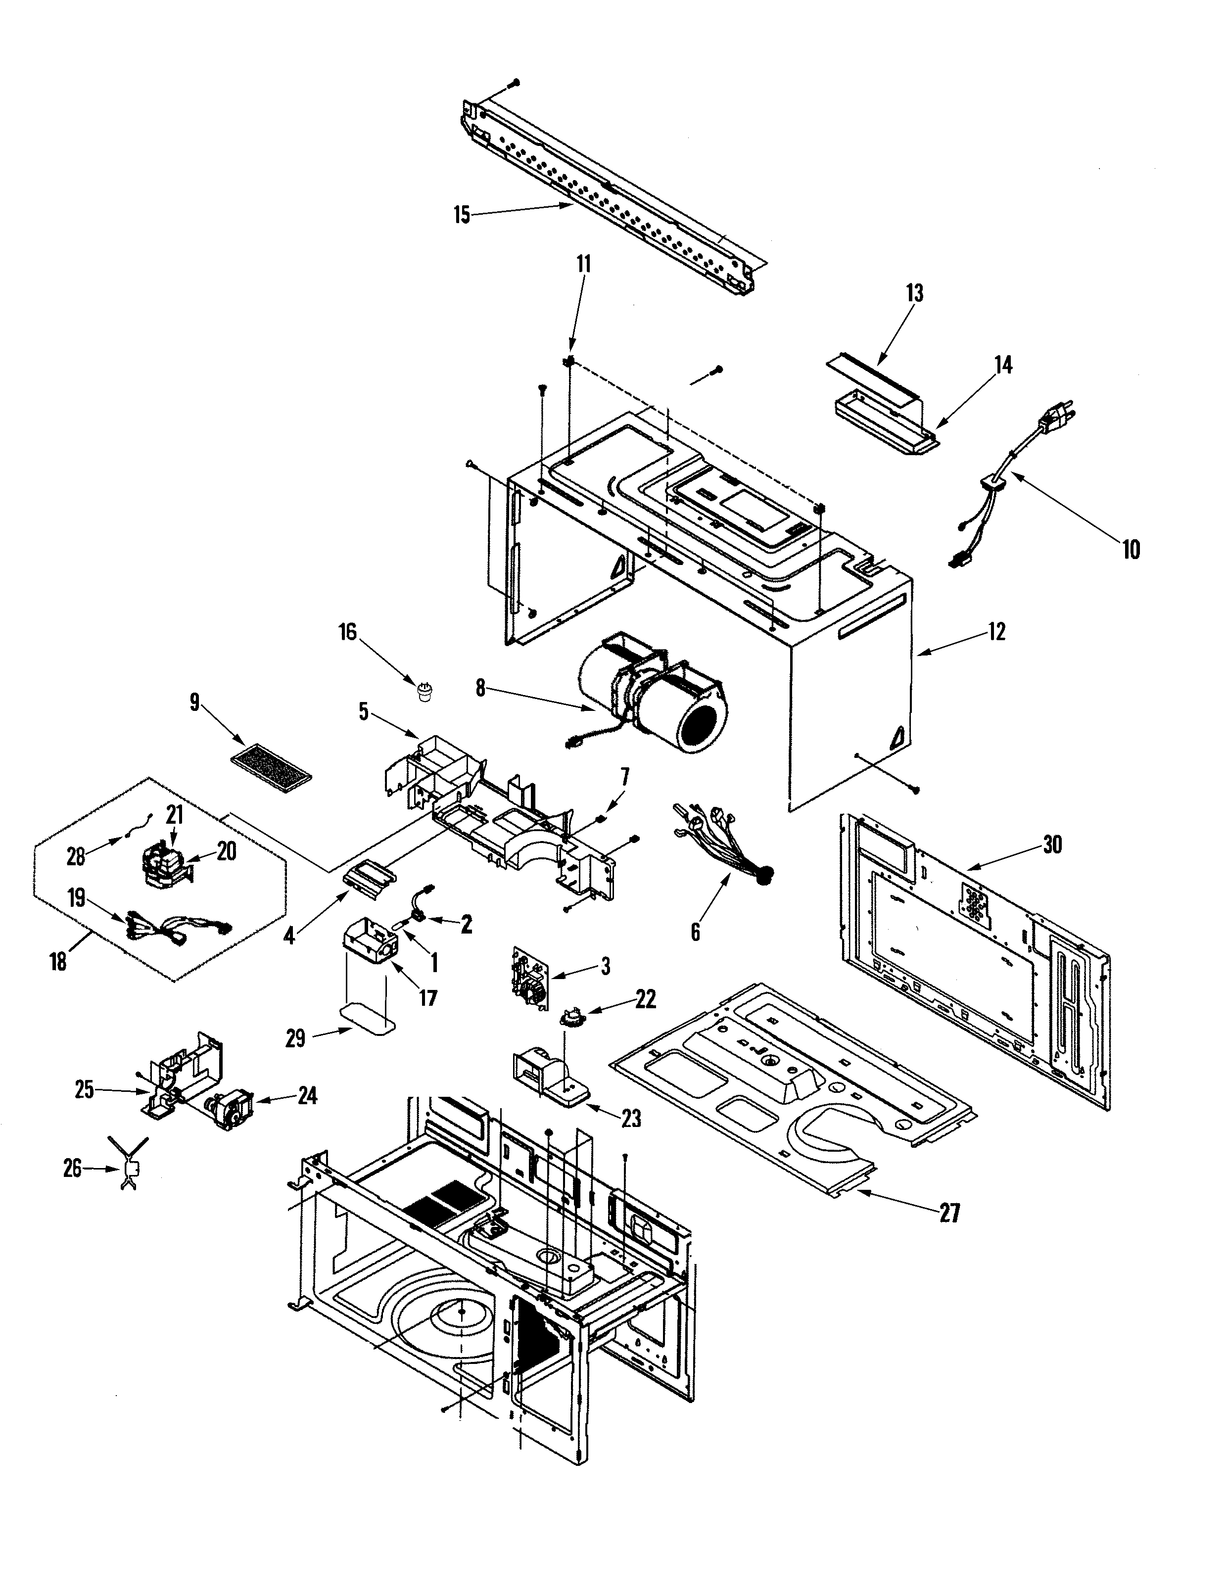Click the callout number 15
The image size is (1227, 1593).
pos(462,215)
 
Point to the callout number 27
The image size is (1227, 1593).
pos(949,1213)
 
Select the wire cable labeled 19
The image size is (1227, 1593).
pos(179,925)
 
